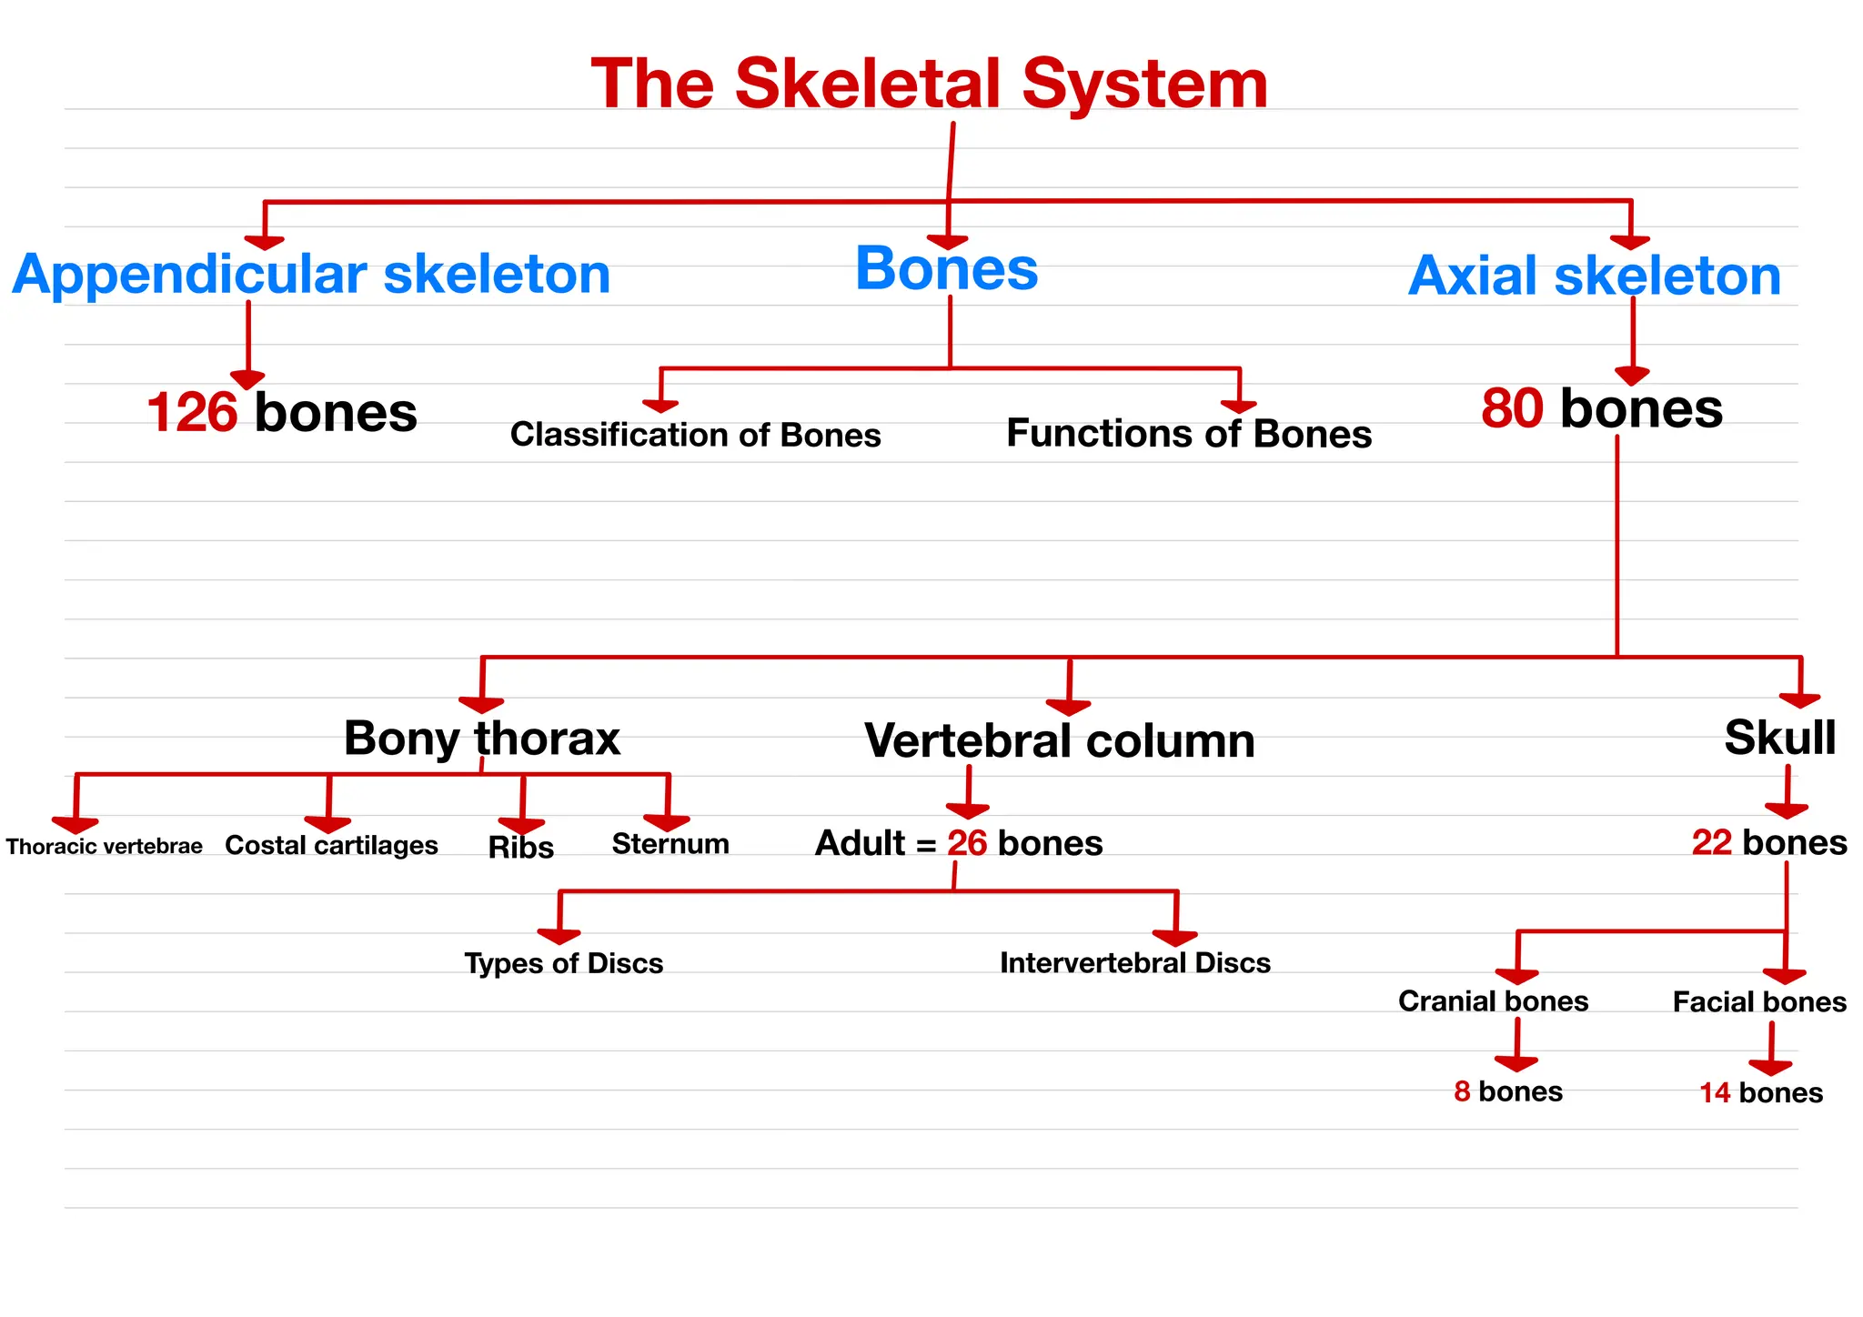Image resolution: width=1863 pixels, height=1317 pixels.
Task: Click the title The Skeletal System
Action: [x=929, y=84]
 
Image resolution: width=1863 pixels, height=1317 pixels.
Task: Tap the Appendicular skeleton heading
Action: [x=311, y=274]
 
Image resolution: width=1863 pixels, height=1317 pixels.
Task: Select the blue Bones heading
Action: [x=946, y=268]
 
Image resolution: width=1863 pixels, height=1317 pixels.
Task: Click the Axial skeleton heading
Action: [x=1594, y=276]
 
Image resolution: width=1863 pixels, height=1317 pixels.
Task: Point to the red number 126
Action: [x=192, y=412]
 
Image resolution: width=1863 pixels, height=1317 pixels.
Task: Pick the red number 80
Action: [x=1512, y=408]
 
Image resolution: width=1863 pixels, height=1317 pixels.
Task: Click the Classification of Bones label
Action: [x=695, y=435]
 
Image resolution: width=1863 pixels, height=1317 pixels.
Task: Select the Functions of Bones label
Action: [x=1188, y=434]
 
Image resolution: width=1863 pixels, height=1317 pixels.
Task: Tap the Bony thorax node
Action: [x=481, y=738]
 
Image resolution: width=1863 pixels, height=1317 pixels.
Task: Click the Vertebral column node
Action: [x=1059, y=740]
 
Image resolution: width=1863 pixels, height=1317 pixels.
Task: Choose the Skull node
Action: [x=1779, y=737]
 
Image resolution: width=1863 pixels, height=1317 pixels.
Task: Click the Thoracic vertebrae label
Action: [x=104, y=847]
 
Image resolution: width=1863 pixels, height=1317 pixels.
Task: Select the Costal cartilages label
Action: [x=331, y=845]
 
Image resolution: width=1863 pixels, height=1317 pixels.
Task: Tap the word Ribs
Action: [x=520, y=848]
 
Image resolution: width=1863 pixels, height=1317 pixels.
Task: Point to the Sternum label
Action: [x=670, y=844]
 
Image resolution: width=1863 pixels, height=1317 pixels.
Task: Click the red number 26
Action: [x=966, y=843]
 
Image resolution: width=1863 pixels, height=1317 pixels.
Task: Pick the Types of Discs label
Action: [x=563, y=963]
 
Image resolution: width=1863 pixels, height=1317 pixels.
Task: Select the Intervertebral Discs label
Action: [x=1134, y=962]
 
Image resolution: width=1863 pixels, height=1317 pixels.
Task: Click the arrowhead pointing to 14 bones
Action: [x=1770, y=1067]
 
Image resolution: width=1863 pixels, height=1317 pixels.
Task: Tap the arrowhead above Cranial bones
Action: [x=1516, y=977]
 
